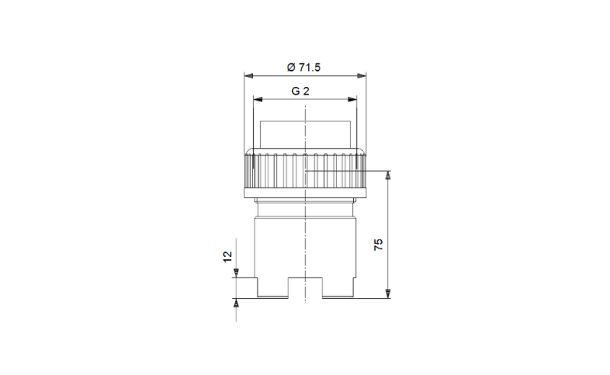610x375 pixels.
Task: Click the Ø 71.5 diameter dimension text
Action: [303, 67]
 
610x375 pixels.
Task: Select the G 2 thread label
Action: [300, 91]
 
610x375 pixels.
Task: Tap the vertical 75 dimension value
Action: [378, 245]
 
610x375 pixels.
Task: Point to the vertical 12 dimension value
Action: [227, 257]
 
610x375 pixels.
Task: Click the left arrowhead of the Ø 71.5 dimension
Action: [249, 76]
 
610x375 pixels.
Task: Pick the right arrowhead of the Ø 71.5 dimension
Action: [361, 76]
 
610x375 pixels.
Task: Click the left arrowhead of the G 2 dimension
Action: [258, 100]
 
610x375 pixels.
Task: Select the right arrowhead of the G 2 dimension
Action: [352, 100]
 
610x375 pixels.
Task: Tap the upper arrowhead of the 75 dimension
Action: [388, 175]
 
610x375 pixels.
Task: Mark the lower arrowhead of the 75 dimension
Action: [388, 293]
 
